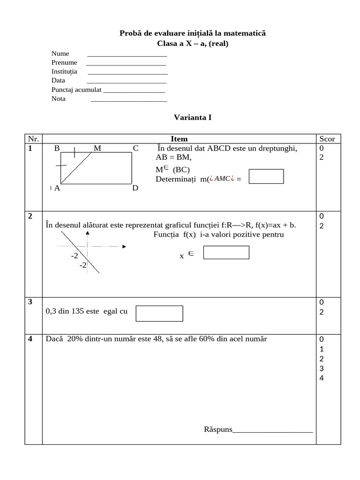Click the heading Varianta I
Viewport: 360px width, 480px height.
point(193,117)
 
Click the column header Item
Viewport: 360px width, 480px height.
point(179,139)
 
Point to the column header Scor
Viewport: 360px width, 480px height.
point(327,139)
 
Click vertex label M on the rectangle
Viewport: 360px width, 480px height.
point(97,148)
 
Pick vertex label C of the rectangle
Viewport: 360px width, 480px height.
point(135,148)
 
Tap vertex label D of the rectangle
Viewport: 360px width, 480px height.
point(135,188)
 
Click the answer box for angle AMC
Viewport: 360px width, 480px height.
point(266,176)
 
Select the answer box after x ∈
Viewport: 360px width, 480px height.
point(226,252)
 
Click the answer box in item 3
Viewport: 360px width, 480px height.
point(159,314)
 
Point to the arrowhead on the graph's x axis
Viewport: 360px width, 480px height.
point(124,246)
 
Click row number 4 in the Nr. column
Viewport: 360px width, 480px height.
point(30,338)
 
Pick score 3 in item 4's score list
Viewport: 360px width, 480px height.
point(321,368)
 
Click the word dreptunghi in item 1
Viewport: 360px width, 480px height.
point(277,148)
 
